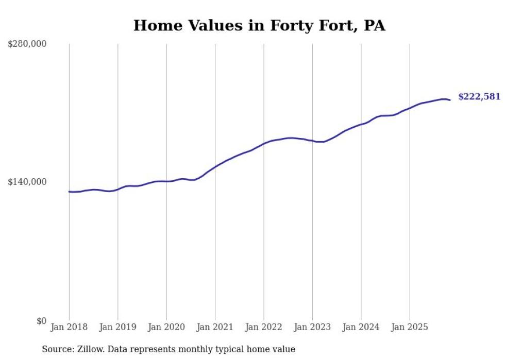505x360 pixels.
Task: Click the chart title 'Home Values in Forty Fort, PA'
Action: pos(259,25)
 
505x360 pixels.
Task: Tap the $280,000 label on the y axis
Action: pos(27,44)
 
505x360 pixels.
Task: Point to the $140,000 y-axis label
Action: pos(27,182)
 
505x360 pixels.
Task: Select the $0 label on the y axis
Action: pos(42,321)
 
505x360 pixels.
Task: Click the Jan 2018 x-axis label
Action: pos(69,327)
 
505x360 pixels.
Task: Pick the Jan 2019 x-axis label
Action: pos(117,327)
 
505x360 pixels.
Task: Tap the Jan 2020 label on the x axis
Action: pos(166,327)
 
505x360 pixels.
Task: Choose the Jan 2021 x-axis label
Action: pos(215,327)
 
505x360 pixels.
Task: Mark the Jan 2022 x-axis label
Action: pos(264,327)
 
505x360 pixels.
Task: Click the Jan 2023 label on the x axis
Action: pos(312,327)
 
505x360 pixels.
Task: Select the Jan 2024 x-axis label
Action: pos(361,327)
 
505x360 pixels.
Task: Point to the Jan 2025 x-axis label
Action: pos(410,327)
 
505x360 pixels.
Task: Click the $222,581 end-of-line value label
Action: pos(479,96)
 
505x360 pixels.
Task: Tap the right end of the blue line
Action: pos(450,100)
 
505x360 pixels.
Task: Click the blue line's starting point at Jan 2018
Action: pos(69,192)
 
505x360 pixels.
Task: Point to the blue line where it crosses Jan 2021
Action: pos(215,167)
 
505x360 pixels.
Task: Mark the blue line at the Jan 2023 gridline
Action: pos(312,141)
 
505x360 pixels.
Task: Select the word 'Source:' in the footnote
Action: pos(56,349)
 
